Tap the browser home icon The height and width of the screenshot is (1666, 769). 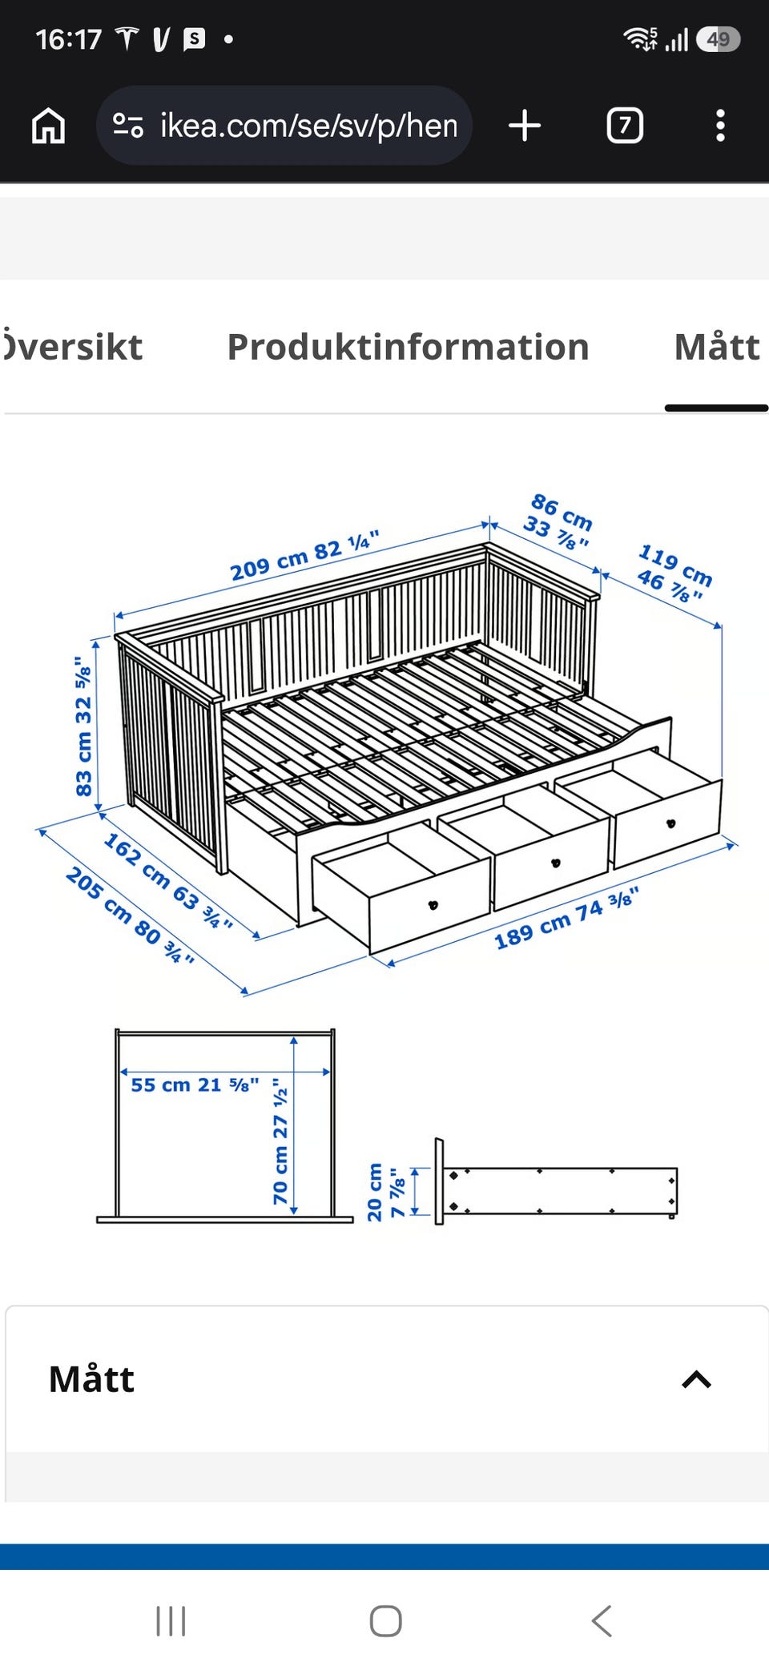[48, 126]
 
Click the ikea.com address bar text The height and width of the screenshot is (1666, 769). [308, 126]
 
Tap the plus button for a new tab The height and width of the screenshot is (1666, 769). [525, 126]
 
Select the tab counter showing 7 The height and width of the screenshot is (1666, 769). [625, 126]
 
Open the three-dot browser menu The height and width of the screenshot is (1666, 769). [720, 126]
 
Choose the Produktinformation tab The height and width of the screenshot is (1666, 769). [408, 347]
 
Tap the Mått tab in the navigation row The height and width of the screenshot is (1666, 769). [717, 347]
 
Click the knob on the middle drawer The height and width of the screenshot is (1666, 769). [556, 863]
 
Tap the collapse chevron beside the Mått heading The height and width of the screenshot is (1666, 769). [696, 1379]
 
